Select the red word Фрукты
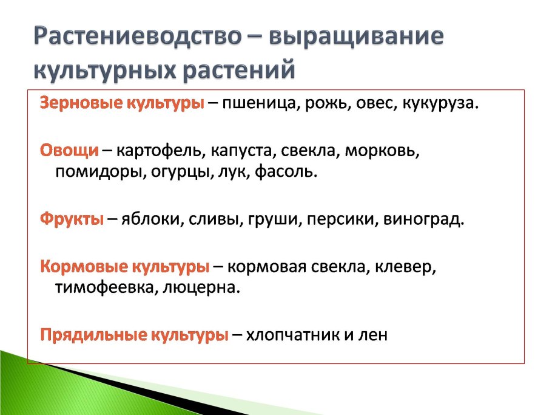(72, 219)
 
